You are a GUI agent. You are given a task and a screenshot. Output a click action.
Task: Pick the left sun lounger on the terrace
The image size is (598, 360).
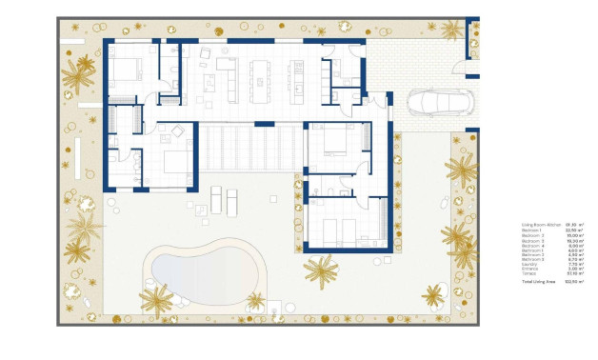(x=214, y=201)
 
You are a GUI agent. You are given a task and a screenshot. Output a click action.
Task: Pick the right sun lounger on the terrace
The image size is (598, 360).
(x=230, y=201)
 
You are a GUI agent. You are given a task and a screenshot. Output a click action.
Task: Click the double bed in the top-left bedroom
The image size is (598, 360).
(x=123, y=70)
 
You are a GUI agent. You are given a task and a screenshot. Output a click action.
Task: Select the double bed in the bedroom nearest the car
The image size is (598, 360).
(x=334, y=142)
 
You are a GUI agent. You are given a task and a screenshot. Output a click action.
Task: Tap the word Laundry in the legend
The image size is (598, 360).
(x=528, y=264)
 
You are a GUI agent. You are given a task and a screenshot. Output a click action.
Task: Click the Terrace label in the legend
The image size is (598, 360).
(x=528, y=273)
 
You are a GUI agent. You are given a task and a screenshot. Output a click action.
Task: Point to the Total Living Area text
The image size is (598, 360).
(x=538, y=283)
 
